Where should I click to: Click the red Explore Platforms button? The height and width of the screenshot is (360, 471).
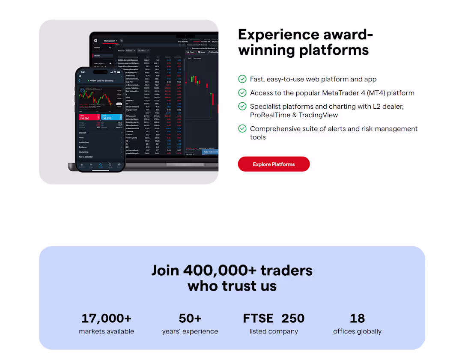(274, 164)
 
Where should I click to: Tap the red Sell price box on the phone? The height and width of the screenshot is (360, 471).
(88, 117)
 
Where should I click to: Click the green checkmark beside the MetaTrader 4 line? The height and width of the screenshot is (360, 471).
(242, 93)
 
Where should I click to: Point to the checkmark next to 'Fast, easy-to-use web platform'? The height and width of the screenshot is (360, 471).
(242, 79)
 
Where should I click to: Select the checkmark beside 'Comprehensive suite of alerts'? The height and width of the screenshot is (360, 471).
(242, 128)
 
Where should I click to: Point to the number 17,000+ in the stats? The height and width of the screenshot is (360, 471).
(107, 318)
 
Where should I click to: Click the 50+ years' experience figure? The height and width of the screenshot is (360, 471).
(190, 318)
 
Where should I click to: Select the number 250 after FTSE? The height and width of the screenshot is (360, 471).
(293, 318)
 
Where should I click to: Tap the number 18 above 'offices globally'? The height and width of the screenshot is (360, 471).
(357, 318)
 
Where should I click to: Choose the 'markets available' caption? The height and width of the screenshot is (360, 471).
(107, 331)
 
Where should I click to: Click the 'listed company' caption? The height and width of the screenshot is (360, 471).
(274, 331)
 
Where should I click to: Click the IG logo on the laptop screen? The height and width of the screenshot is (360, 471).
(95, 41)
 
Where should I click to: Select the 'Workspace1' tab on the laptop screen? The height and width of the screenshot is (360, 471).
(110, 41)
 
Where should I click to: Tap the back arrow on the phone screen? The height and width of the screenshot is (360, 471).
(80, 80)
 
